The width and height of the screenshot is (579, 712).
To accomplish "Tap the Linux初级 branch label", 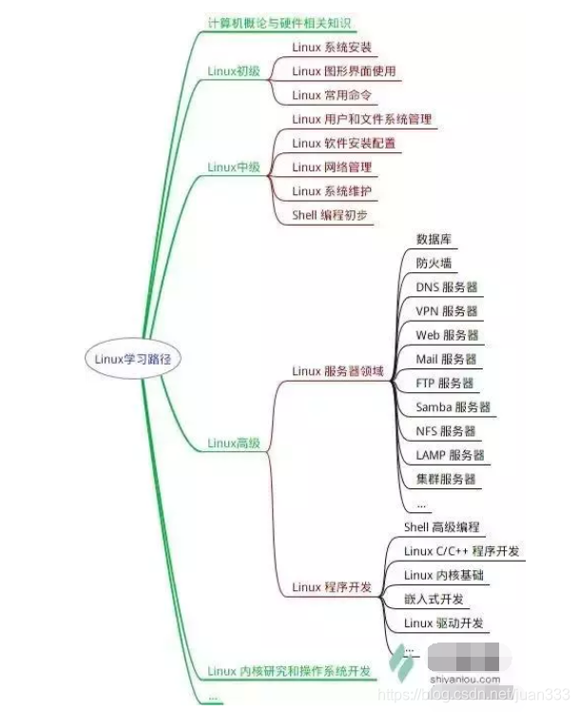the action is tap(234, 70).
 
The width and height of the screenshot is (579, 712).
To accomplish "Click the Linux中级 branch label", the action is tap(234, 167).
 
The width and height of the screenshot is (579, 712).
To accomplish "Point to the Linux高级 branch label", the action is tap(234, 443).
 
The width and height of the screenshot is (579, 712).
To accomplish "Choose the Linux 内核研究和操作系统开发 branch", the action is tap(289, 671).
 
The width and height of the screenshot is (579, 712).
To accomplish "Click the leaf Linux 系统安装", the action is tap(332, 47).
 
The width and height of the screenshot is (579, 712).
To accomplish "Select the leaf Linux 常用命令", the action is tap(332, 94).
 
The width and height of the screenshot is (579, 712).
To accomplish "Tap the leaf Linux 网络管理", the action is tap(332, 167).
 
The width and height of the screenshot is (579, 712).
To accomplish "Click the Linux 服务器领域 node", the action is tap(338, 371).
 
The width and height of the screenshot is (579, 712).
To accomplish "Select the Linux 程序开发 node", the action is tap(332, 587).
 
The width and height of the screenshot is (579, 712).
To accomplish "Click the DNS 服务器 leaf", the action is tap(446, 287).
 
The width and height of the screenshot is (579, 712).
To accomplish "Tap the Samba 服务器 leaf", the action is tap(453, 406).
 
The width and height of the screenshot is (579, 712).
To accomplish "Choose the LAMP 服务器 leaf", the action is tap(450, 455).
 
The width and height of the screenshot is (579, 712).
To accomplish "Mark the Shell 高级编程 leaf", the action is tap(442, 526).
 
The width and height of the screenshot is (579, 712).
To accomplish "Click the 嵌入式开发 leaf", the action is tap(434, 599).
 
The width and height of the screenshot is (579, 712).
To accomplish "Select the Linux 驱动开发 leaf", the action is tap(444, 623).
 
